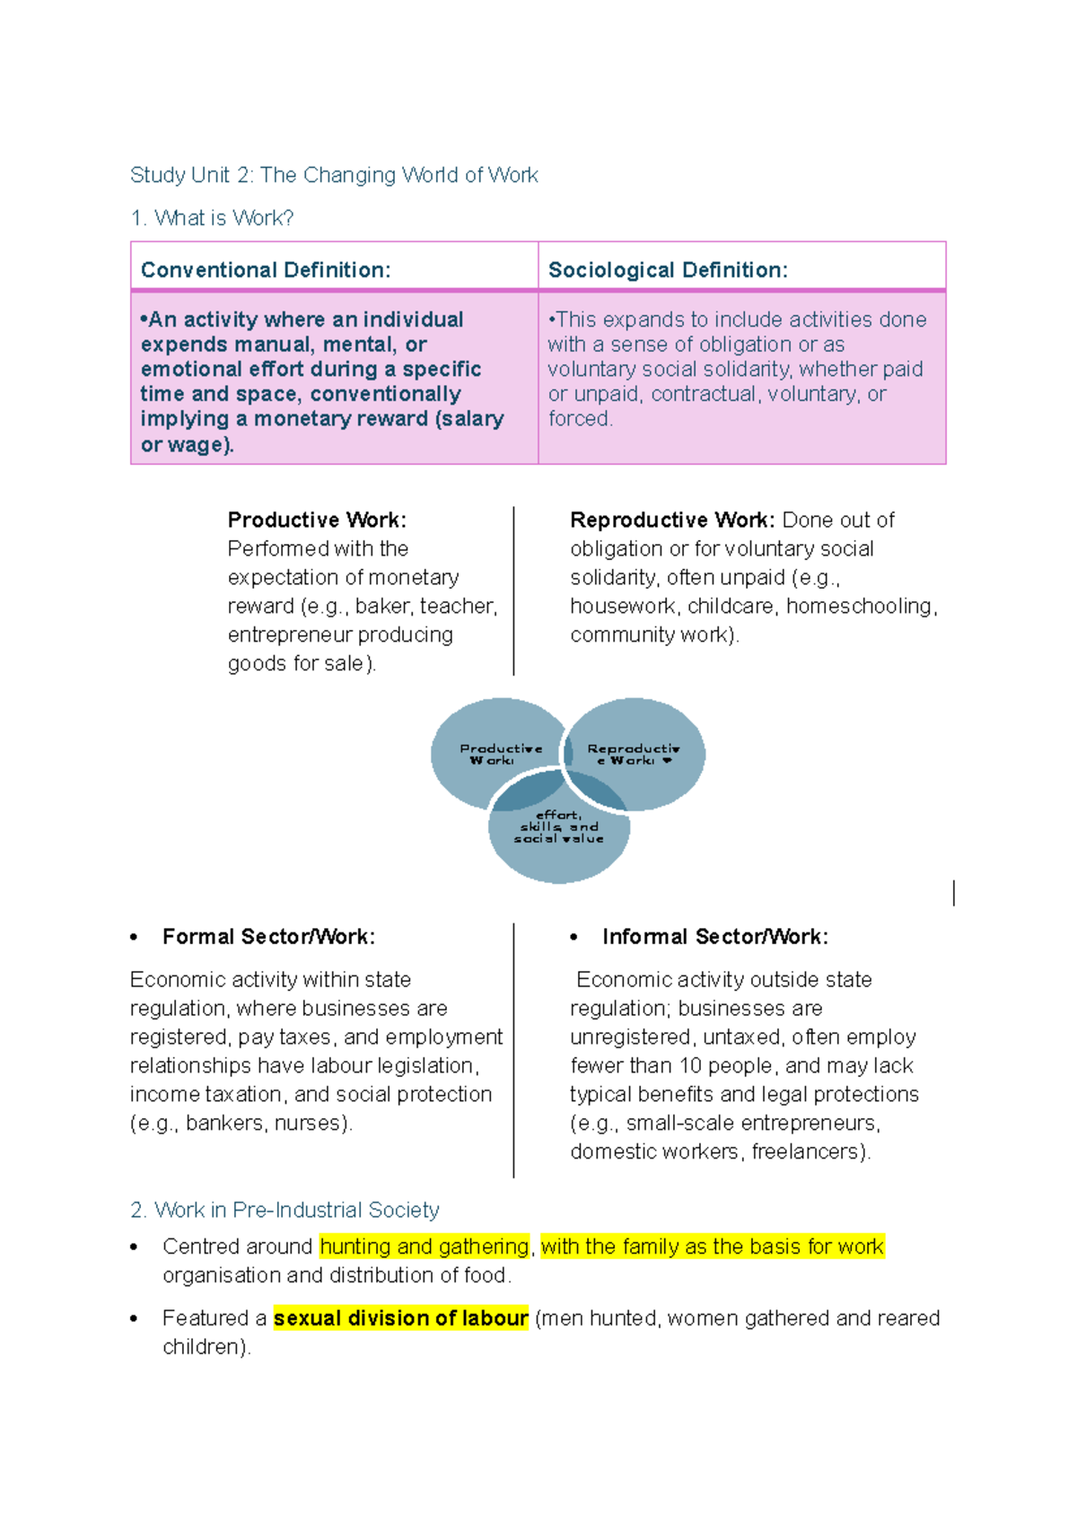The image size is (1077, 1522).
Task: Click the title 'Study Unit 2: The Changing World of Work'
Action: [x=334, y=175]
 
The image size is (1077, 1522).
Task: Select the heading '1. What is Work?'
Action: [x=212, y=218]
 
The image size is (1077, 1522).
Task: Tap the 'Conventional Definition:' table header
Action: [x=266, y=270]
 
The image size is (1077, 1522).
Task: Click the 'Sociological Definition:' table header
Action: [x=668, y=270]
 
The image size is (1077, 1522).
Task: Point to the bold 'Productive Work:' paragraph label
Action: [x=318, y=520]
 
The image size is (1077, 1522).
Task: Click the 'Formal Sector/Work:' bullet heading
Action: [x=269, y=937]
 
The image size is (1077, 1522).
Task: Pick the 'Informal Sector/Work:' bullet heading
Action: [x=715, y=937]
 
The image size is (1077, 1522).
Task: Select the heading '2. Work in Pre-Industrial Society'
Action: [x=285, y=1210]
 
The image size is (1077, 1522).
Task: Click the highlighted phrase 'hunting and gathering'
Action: [x=425, y=1246]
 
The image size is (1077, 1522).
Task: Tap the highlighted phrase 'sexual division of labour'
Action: [x=401, y=1318]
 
